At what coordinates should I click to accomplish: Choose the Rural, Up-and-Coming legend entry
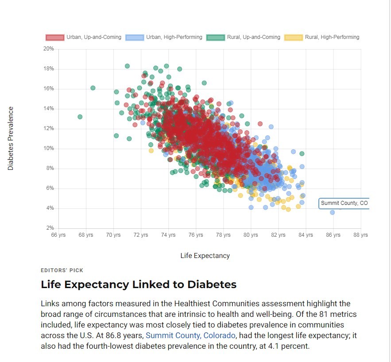[243, 37]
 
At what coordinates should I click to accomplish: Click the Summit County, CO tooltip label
[344, 203]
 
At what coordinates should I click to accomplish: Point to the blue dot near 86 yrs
[332, 212]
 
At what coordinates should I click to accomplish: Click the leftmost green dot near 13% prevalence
[80, 117]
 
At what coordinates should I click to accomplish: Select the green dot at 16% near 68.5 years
[93, 88]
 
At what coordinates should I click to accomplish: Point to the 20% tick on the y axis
[48, 49]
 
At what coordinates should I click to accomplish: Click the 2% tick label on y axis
[50, 228]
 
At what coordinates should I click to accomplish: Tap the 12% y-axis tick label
[48, 128]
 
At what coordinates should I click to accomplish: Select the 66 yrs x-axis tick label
[58, 235]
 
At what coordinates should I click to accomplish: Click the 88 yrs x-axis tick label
[360, 235]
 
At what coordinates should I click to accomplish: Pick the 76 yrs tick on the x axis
[196, 235]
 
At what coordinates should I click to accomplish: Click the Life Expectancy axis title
[205, 256]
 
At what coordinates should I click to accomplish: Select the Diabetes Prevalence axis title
[11, 139]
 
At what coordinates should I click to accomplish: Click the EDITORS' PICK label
[62, 270]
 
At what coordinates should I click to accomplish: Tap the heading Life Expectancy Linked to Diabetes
[139, 285]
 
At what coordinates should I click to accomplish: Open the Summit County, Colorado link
[190, 335]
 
